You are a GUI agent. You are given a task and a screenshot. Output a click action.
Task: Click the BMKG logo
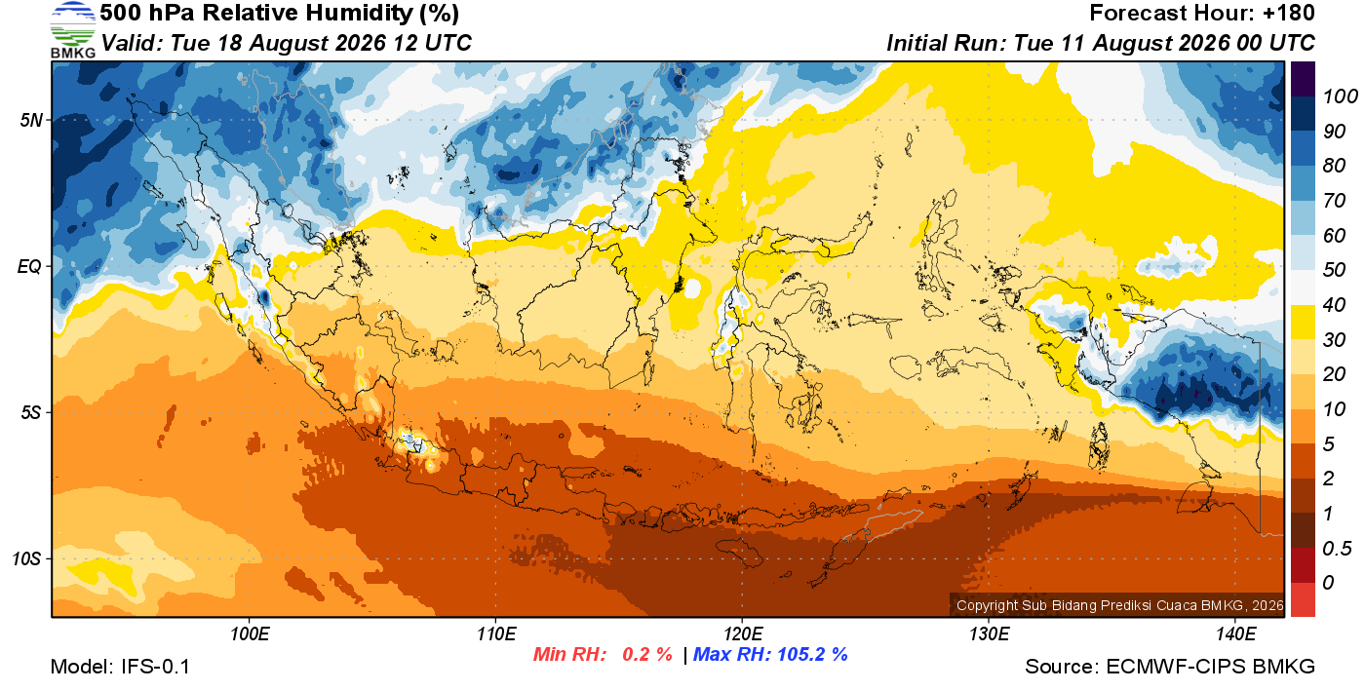point(73,29)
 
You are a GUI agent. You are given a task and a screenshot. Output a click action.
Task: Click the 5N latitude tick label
point(31,121)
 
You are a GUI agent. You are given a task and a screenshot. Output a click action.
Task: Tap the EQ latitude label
point(29,267)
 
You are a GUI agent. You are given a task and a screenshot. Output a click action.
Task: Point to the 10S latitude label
point(26,558)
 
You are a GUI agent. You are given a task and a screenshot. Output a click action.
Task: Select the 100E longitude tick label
point(250,633)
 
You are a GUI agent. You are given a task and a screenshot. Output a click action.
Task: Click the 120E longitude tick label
point(742,633)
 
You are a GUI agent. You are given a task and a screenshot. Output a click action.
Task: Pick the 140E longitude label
point(1235,633)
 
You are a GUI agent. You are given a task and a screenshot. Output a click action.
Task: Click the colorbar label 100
point(1340,96)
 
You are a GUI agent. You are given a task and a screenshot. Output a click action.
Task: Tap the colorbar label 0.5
point(1337,549)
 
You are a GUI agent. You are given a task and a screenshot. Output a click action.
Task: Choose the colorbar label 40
point(1334,305)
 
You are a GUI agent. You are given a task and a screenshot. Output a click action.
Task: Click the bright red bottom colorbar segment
point(1303,599)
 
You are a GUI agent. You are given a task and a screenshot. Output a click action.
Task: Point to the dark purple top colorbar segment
point(1303,79)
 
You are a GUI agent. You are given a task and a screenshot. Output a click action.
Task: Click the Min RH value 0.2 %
point(646,654)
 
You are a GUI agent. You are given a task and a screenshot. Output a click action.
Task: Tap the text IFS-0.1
point(155,667)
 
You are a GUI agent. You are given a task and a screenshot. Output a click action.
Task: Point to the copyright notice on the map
point(1120,605)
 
